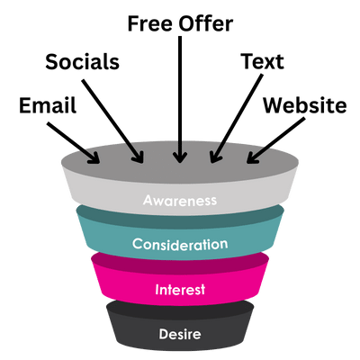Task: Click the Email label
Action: (48, 105)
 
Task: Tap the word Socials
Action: (83, 61)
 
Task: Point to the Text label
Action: (263, 61)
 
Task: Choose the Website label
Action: (305, 105)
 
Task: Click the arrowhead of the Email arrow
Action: (94, 158)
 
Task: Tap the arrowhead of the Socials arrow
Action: (139, 157)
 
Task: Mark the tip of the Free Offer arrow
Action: (180, 163)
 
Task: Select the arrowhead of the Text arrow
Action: (215, 157)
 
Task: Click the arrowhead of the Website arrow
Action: (252, 158)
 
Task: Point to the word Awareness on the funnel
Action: (180, 200)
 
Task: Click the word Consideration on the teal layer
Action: (180, 244)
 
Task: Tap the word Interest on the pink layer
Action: (180, 290)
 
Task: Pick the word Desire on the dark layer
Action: (180, 334)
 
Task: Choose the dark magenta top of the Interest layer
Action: (180, 264)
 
